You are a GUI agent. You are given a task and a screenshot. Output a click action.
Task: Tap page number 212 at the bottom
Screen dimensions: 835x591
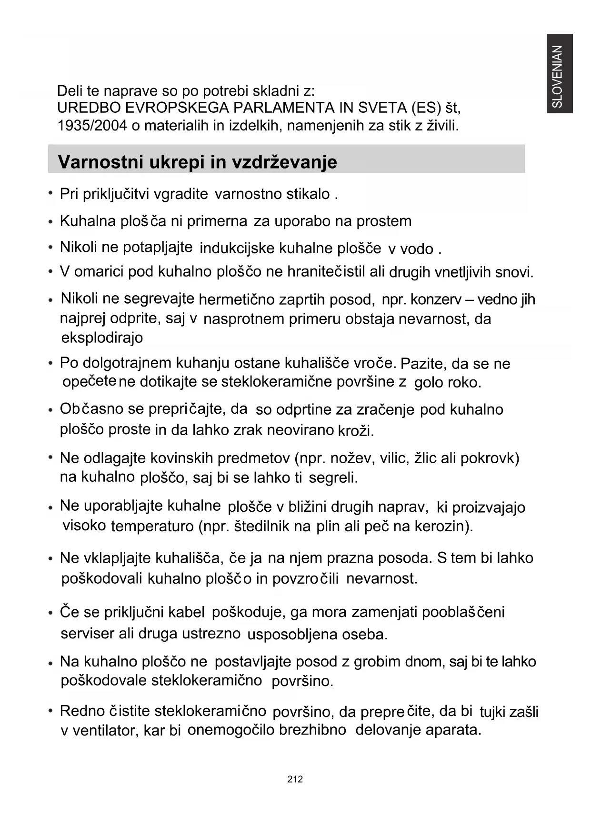coord(295,779)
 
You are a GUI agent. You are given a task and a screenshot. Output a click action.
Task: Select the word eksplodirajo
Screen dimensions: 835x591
coord(102,338)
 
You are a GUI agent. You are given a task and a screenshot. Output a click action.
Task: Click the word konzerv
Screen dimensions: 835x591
coord(435,299)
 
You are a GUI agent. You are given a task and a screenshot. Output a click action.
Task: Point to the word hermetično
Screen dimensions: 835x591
coord(236,299)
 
